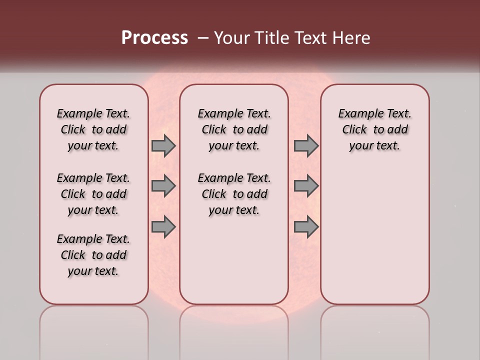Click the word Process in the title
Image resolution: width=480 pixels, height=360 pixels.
pos(154,38)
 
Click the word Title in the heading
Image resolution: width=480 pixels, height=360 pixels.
pos(270,38)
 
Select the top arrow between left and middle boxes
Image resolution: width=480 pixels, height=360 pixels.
pos(163,145)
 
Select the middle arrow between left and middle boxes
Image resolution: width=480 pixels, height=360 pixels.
pos(163,186)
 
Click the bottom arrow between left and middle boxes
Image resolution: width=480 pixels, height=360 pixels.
pos(163,226)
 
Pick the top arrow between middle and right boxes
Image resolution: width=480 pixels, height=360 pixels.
pos(306,145)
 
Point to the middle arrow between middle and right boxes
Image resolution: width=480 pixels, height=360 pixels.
pos(306,186)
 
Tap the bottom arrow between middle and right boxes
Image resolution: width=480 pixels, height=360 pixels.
pos(306,226)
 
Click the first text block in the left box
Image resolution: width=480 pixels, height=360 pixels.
pos(93,129)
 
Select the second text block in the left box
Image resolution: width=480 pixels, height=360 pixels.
pos(93,194)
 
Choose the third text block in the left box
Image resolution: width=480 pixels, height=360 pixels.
pos(93,255)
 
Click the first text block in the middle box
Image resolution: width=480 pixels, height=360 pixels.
pos(234,129)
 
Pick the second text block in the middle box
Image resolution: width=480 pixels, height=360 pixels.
pos(234,194)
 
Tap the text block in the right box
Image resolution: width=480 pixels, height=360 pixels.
pos(375,129)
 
